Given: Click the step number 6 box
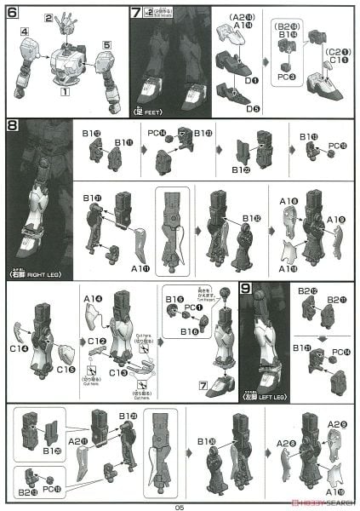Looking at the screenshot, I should (x=12, y=13).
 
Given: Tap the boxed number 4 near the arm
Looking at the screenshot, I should (x=26, y=32).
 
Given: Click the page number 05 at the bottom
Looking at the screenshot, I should (x=180, y=505).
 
